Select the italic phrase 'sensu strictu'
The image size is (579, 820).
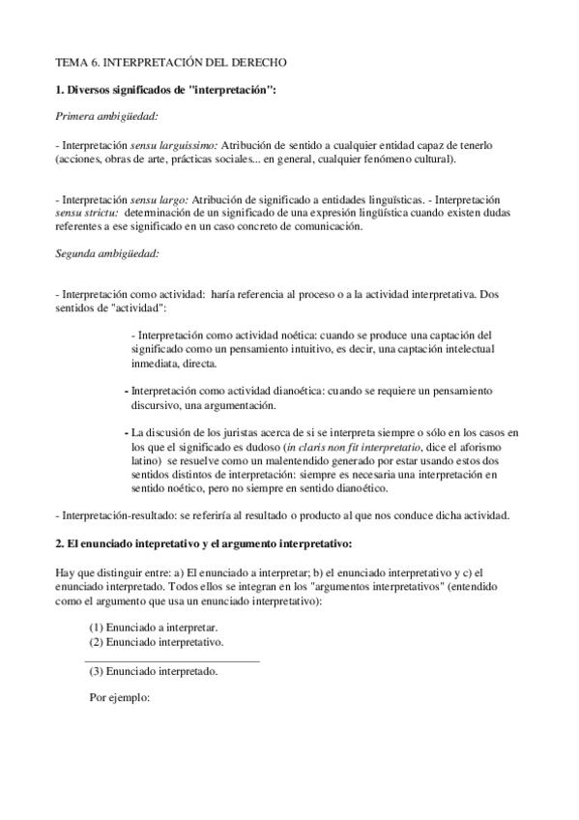87,212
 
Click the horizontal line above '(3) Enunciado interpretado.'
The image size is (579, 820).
173,660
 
